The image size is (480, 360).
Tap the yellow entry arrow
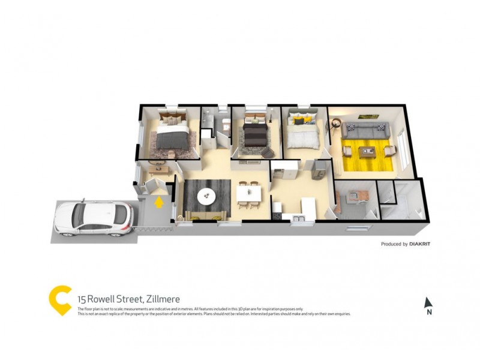(x=159, y=202)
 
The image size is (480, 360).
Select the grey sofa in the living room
(x=366, y=129)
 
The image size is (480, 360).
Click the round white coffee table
(x=206, y=194)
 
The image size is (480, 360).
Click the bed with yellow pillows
(x=303, y=133)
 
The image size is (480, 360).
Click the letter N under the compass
(x=429, y=313)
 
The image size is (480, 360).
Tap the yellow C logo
(x=59, y=300)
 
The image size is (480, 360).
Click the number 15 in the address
(x=81, y=299)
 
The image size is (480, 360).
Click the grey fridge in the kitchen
(x=318, y=169)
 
